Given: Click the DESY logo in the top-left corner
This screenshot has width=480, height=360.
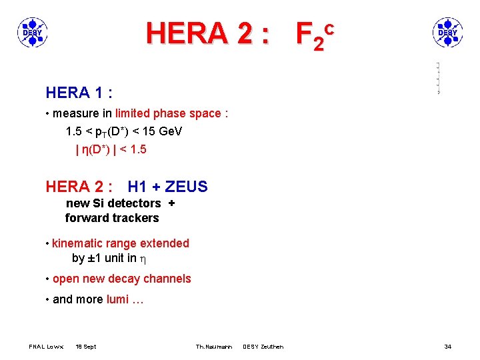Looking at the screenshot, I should pos(32,31).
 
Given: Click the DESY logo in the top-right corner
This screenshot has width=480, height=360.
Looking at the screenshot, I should pos(447,31).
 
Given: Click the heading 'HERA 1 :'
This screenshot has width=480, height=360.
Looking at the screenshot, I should pos(79,91).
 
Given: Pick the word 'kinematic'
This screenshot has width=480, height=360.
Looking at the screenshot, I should pos(79,243).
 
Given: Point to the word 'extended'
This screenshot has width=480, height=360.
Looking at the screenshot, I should pos(165,243).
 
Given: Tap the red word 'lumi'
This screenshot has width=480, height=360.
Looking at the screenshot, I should pos(117,299).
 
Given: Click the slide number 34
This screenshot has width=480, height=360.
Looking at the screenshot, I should pos(448,347).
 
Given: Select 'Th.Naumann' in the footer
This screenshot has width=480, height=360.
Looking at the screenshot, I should pos(214,347).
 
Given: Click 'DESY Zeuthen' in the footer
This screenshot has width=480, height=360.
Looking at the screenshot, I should pos(263,347).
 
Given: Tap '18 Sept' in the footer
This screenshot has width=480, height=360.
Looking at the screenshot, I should pos(86,347).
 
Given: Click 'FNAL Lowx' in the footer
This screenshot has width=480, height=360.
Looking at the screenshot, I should pos(46,347).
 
